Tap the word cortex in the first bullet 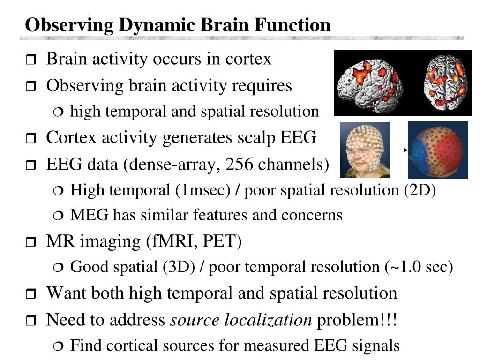pyautogui.click(x=248, y=60)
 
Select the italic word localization pyautogui.click(x=268, y=321)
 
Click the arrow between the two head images pyautogui.click(x=398, y=150)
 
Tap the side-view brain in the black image pyautogui.click(x=370, y=83)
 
